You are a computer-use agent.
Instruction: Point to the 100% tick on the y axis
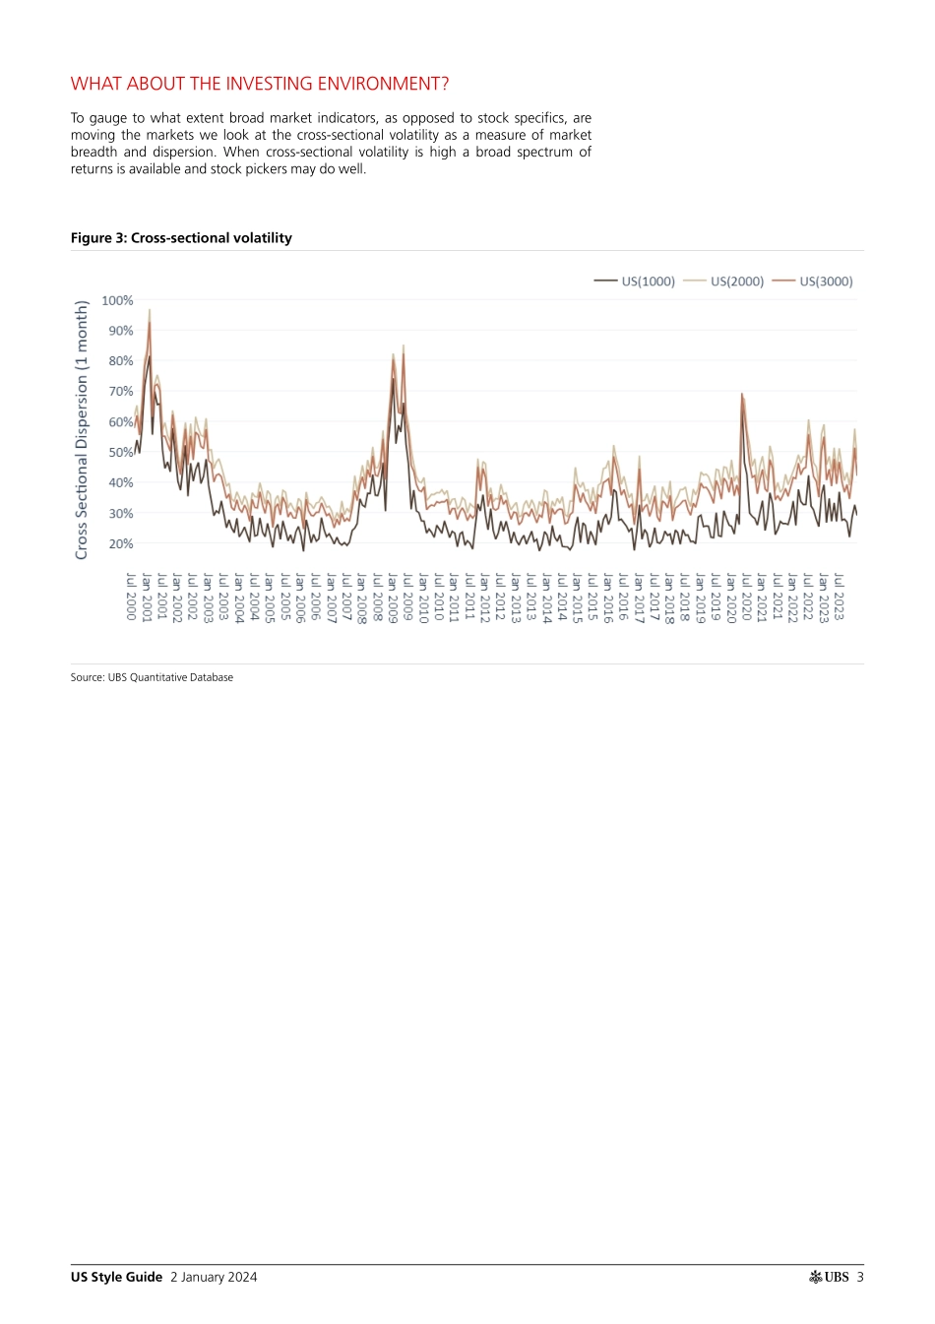point(118,300)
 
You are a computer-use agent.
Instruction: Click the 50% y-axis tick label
point(121,453)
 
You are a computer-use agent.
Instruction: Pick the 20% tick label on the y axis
point(121,543)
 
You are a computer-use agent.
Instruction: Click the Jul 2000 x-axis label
point(131,596)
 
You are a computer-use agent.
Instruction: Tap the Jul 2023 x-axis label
point(840,596)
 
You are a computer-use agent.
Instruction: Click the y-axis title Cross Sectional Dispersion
point(82,430)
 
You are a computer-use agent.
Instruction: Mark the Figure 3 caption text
point(181,238)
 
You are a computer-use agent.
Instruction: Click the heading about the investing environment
point(260,84)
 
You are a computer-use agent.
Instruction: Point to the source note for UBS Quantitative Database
point(152,677)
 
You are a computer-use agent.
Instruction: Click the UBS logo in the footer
point(829,1277)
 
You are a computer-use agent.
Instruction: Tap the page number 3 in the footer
point(860,1277)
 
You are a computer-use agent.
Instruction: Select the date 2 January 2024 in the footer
point(214,1277)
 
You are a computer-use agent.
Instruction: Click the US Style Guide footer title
point(116,1277)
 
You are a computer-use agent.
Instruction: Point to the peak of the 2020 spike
point(741,394)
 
